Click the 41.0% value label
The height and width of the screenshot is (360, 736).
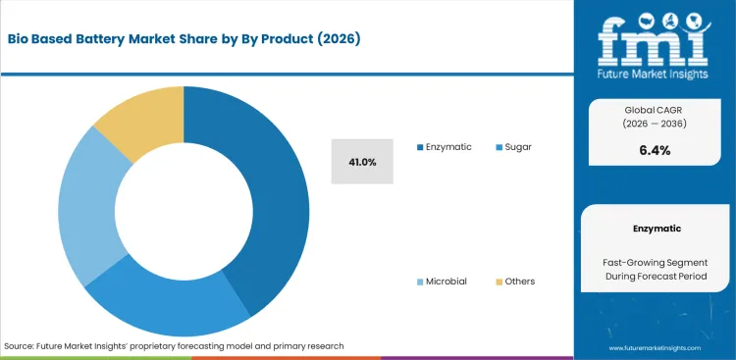361,161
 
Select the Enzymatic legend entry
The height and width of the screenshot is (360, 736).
447,147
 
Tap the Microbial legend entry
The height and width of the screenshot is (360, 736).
446,282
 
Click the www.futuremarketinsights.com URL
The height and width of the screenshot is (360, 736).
656,348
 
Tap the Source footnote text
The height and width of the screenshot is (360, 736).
174,346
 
